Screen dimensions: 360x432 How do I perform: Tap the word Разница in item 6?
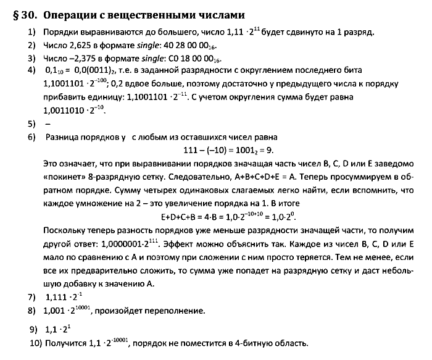pyautogui.click(x=66, y=136)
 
